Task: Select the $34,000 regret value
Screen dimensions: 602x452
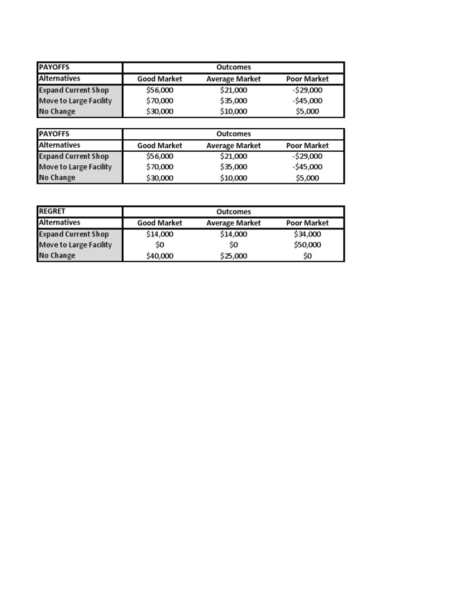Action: (308, 234)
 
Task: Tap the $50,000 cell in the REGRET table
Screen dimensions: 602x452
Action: (308, 245)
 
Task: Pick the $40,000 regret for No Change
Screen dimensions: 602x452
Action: (159, 256)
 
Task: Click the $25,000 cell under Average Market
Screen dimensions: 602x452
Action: (234, 256)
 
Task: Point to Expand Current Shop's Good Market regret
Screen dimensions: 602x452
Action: (159, 234)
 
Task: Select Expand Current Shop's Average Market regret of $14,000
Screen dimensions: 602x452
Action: (234, 234)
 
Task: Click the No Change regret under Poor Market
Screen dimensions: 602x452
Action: (308, 256)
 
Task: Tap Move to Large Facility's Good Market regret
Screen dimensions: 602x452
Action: (159, 245)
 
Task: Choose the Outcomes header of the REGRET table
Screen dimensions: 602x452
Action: (234, 212)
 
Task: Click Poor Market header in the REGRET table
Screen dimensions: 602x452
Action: (308, 223)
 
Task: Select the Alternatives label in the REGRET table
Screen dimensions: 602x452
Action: (59, 223)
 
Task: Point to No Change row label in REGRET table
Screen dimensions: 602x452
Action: (57, 256)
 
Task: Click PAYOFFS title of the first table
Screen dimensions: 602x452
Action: (54, 67)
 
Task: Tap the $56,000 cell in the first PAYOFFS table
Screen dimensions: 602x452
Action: (159, 90)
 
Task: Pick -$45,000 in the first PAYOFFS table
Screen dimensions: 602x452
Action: (308, 101)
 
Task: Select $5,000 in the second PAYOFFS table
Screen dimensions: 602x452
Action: (308, 178)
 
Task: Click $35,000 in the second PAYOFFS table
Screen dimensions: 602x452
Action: (234, 167)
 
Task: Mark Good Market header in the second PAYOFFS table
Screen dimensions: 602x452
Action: (159, 145)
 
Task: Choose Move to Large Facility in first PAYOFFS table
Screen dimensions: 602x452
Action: (75, 101)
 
